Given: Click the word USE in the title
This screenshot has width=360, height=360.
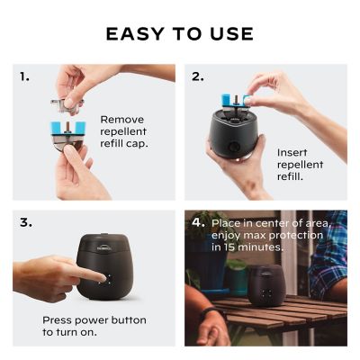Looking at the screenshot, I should [229, 35].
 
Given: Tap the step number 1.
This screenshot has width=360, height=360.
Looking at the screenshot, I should [24, 76].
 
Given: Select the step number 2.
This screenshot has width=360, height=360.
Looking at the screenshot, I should [197, 76].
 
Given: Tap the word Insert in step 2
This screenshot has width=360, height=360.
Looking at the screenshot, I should [293, 153].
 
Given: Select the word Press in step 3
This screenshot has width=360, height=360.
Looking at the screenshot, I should [58, 320].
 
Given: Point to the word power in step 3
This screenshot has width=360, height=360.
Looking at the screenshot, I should [94, 320].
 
